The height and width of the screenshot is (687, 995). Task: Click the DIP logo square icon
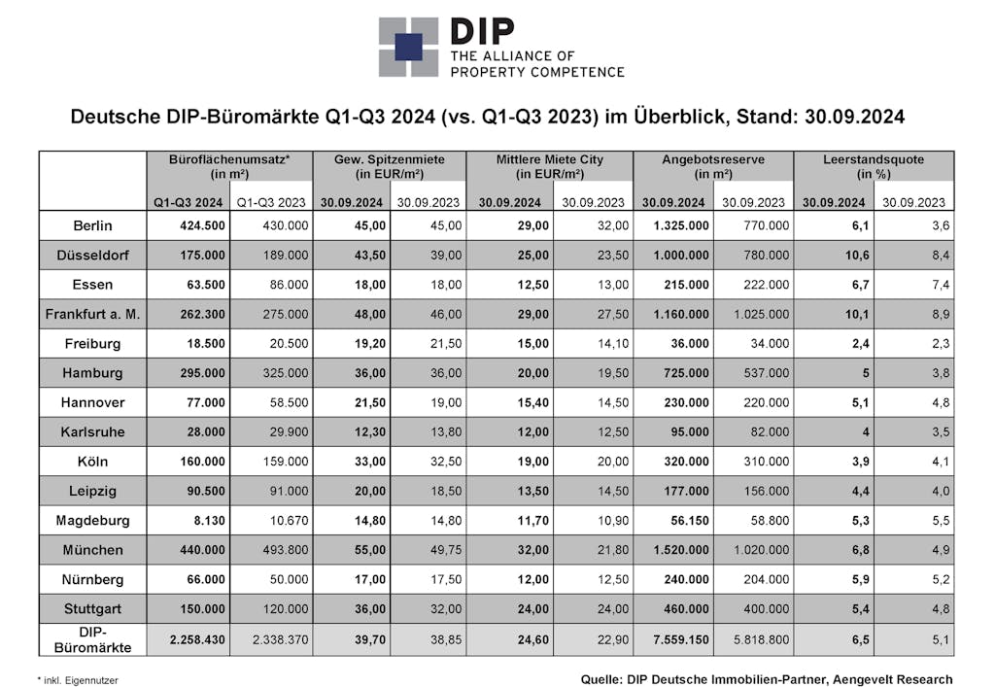408,47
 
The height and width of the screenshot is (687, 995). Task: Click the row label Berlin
93,225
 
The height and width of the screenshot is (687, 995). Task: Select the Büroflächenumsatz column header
229,166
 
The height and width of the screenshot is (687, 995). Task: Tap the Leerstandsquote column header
875,166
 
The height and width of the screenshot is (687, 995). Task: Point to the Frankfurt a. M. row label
93,314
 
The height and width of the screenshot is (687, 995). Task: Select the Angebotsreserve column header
713,166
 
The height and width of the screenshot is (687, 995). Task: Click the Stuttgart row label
93,609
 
